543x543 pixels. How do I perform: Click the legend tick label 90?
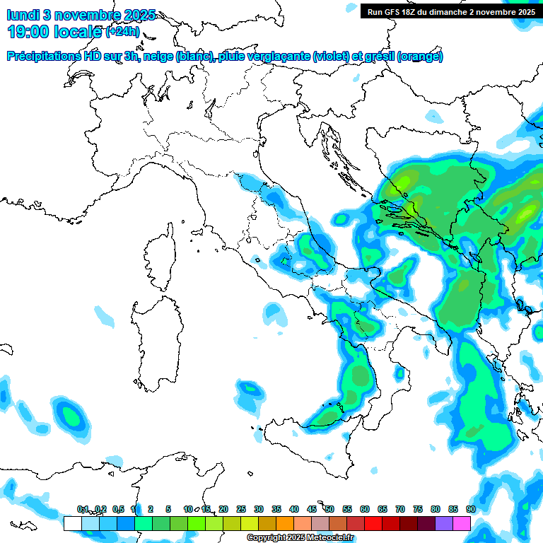470,509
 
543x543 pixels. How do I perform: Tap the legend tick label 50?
329,509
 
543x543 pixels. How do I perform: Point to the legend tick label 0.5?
118,509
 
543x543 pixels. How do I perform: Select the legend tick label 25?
241,509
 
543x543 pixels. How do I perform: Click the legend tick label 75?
418,509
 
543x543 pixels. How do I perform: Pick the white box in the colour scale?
72,523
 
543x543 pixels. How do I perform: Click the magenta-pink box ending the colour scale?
462,523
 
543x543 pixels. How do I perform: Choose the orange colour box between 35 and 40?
285,523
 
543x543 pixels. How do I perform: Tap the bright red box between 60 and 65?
373,523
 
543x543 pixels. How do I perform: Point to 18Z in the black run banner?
414,11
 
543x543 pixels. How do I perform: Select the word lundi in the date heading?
23,15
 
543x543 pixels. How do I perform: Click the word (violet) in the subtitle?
334,57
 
